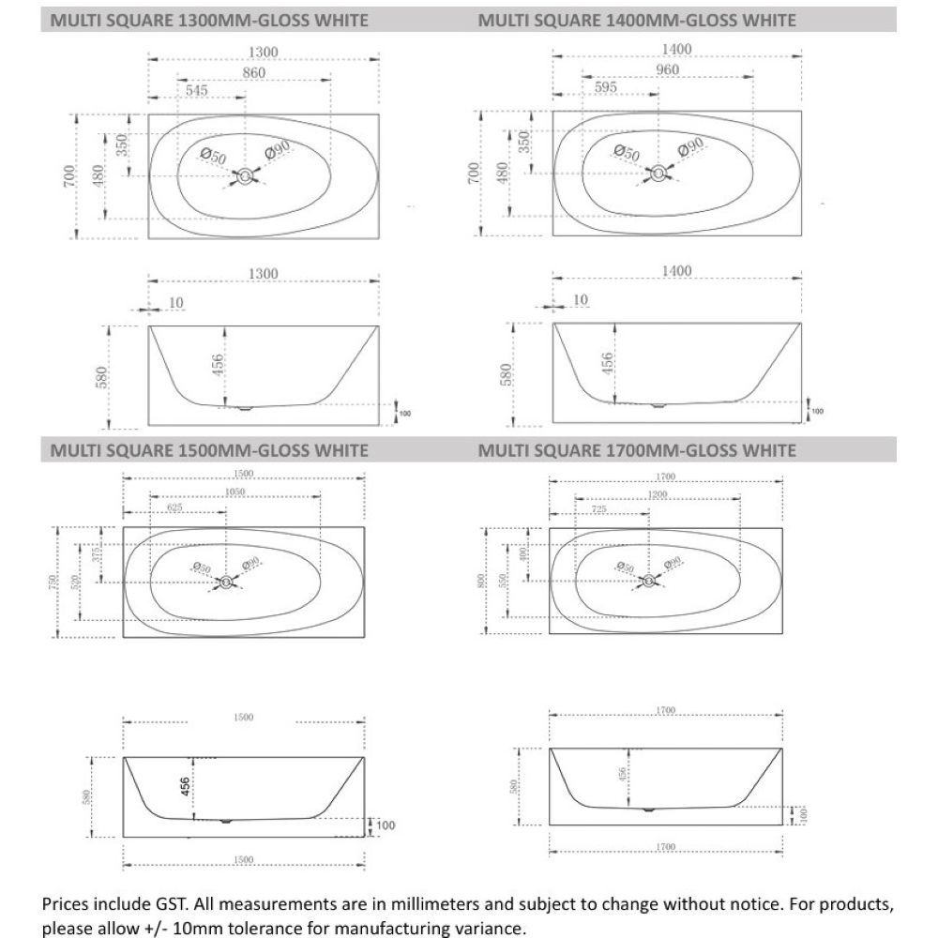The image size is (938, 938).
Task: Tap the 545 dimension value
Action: pos(198,91)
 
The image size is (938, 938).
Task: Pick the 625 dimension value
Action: pos(183,507)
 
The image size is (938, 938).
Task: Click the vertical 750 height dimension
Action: pos(53,582)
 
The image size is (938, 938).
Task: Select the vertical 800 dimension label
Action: pos(479,582)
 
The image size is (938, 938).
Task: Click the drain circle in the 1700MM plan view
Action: pos(646,580)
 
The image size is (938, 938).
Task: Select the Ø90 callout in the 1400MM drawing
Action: pos(690,147)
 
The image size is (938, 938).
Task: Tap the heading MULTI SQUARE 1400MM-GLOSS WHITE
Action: pos(637,20)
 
